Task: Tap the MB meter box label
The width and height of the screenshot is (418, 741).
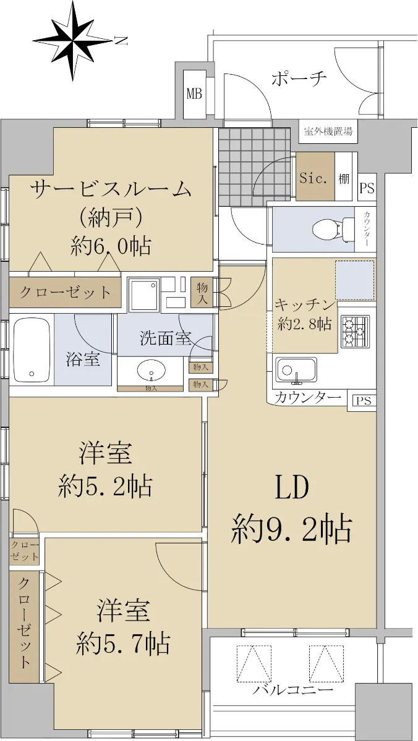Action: click(194, 94)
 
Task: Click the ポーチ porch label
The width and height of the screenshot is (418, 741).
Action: click(299, 78)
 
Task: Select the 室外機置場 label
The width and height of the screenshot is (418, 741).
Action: click(328, 132)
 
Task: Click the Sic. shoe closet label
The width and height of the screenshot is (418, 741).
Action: click(313, 178)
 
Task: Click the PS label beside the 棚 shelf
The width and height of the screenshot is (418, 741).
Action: click(367, 188)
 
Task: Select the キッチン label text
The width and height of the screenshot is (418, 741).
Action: click(304, 304)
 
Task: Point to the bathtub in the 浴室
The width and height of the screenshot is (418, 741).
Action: click(32, 350)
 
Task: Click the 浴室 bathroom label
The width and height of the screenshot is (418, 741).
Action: click(83, 359)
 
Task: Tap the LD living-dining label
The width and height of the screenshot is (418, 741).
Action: click(292, 487)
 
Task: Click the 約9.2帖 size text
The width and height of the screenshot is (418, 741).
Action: click(291, 532)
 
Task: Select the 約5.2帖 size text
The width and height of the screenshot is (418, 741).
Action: click(105, 486)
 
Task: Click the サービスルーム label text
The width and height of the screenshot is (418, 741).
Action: click(111, 190)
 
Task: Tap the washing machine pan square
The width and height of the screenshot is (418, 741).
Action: click(145, 295)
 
